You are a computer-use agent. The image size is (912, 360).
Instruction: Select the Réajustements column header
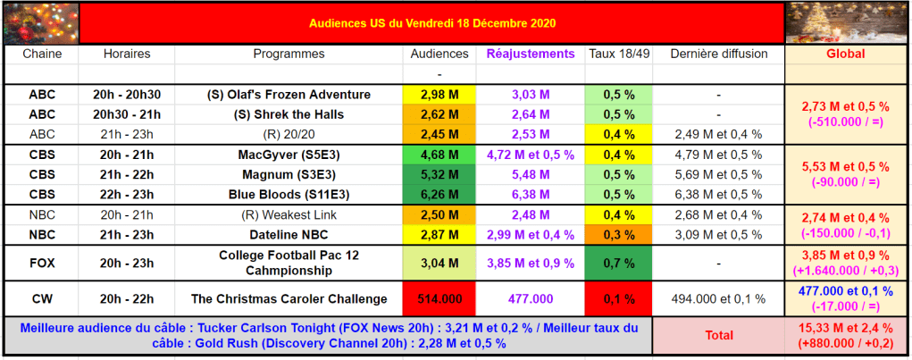click(x=531, y=54)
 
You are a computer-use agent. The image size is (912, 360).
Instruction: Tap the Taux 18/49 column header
click(x=619, y=54)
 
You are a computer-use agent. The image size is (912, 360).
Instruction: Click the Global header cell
click(x=845, y=54)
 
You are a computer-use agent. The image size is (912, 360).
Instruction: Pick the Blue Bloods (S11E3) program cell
click(x=289, y=194)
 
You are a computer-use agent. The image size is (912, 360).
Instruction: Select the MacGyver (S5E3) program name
click(x=289, y=155)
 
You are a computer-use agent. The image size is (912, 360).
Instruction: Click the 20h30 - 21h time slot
click(x=127, y=114)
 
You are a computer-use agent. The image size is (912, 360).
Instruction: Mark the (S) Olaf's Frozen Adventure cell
click(x=289, y=95)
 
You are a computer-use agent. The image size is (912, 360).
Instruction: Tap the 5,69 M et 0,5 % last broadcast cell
click(x=718, y=174)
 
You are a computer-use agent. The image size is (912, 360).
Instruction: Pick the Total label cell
click(x=718, y=336)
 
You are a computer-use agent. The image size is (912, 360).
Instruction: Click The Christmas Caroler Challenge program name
click(x=289, y=298)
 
